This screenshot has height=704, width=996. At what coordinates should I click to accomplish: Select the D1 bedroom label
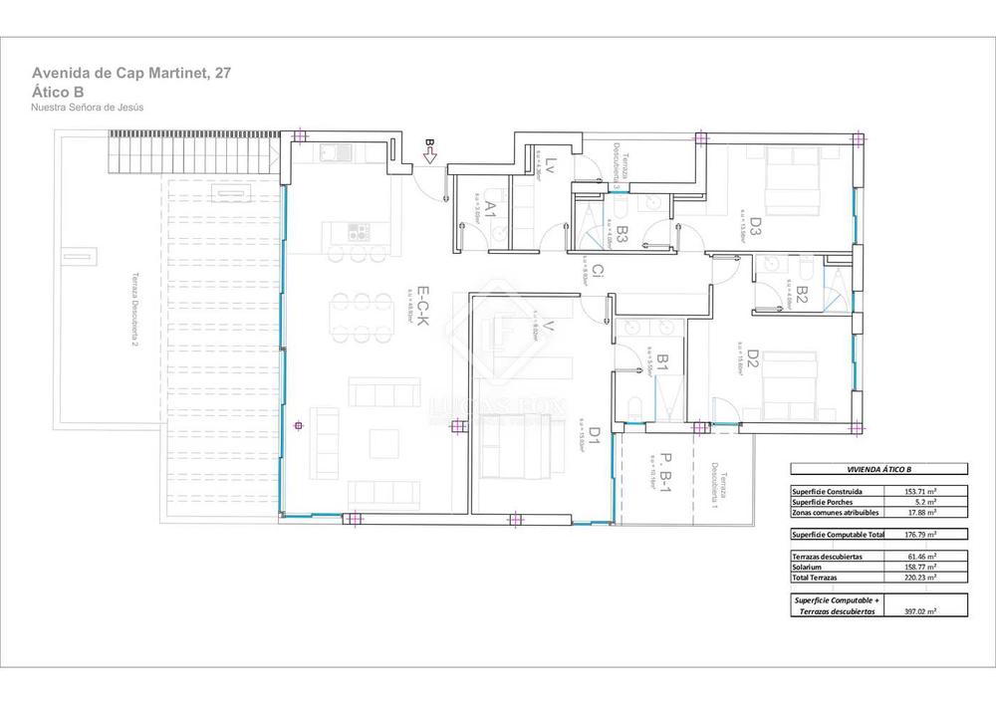pyautogui.click(x=593, y=434)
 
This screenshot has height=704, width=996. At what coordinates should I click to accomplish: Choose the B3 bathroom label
pyautogui.click(x=621, y=235)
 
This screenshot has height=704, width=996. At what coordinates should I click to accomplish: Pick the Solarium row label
pyautogui.click(x=808, y=566)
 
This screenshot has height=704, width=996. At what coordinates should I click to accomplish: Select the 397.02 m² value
pyautogui.click(x=921, y=611)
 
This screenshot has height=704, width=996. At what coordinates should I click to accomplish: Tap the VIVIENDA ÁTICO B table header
pyautogui.click(x=878, y=469)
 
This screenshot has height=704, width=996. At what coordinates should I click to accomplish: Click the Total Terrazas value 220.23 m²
pyautogui.click(x=921, y=577)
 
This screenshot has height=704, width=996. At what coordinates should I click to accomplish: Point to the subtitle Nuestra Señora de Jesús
pyautogui.click(x=88, y=108)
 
